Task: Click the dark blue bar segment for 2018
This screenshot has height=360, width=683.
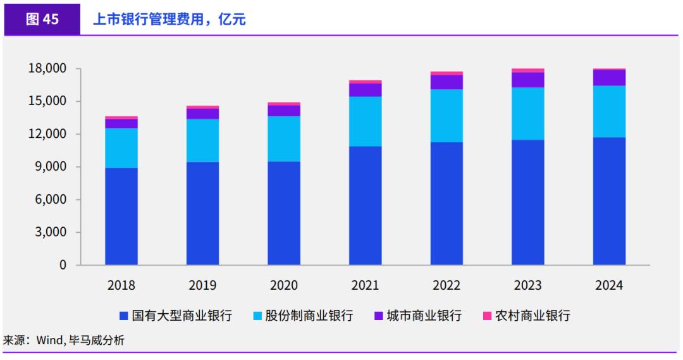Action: click(x=121, y=216)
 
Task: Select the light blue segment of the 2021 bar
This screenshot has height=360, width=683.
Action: click(x=365, y=121)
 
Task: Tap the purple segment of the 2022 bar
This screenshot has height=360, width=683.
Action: click(x=446, y=82)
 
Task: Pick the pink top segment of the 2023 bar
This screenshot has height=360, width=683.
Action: click(x=528, y=70)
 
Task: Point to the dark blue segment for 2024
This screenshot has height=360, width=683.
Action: click(x=609, y=201)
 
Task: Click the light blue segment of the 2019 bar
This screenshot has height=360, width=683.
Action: click(x=202, y=140)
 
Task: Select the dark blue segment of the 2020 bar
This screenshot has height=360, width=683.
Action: click(x=284, y=213)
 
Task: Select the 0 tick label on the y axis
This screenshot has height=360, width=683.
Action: click(x=63, y=265)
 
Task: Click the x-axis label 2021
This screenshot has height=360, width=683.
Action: click(x=365, y=285)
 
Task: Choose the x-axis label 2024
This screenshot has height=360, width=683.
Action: click(x=609, y=285)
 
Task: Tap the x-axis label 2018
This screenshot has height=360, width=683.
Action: click(x=121, y=285)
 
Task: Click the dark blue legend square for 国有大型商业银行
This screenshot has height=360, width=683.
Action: click(x=123, y=315)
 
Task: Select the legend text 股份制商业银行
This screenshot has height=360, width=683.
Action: click(x=309, y=315)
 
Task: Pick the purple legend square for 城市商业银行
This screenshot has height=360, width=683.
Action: click(x=378, y=315)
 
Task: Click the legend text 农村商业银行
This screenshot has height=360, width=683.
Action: click(x=532, y=315)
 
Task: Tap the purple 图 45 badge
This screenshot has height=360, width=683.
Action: click(x=42, y=19)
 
